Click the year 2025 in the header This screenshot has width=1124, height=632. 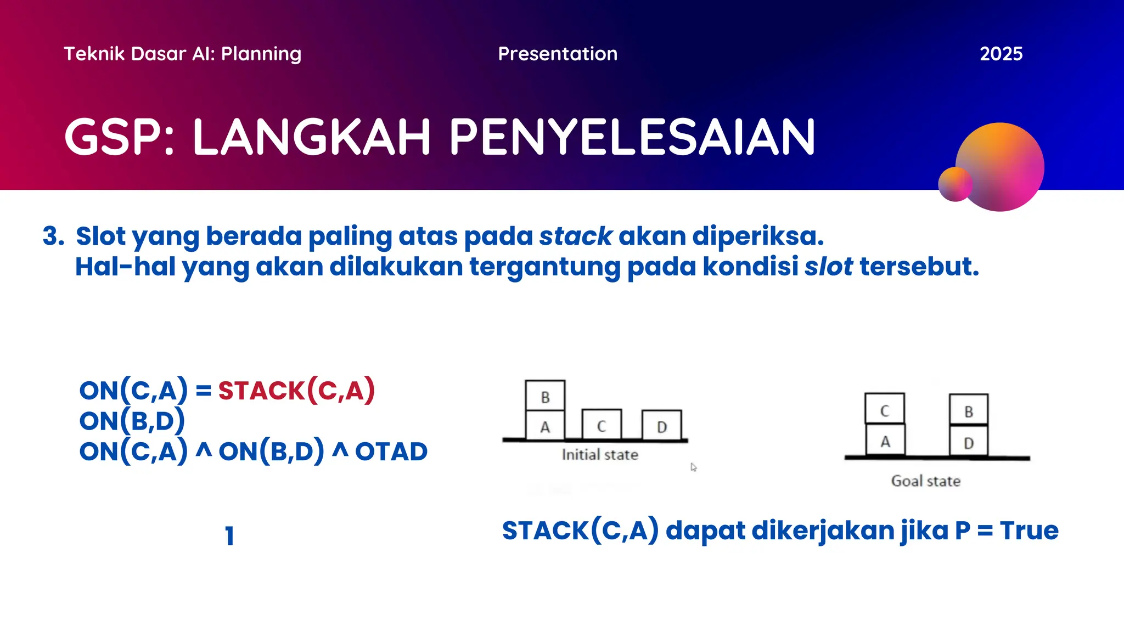click(x=1001, y=54)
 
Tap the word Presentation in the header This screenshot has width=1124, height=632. click(x=558, y=54)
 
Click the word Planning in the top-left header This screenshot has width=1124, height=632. click(x=261, y=54)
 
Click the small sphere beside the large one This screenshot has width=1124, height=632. click(x=955, y=184)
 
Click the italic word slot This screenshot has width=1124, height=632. click(x=828, y=267)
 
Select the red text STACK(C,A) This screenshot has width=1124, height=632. click(x=296, y=391)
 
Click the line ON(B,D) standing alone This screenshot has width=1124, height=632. click(x=132, y=421)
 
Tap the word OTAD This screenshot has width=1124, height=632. click(x=391, y=452)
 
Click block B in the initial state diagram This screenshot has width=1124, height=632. click(x=545, y=396)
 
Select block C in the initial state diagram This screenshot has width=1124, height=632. click(x=602, y=425)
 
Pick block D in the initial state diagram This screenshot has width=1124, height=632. click(x=662, y=426)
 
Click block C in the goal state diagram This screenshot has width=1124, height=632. click(x=884, y=409)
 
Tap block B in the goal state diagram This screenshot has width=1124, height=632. click(x=969, y=410)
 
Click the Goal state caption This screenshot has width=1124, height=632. click(x=925, y=481)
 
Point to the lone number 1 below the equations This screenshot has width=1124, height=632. click(x=229, y=536)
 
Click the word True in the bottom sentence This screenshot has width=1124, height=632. click(x=1029, y=531)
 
